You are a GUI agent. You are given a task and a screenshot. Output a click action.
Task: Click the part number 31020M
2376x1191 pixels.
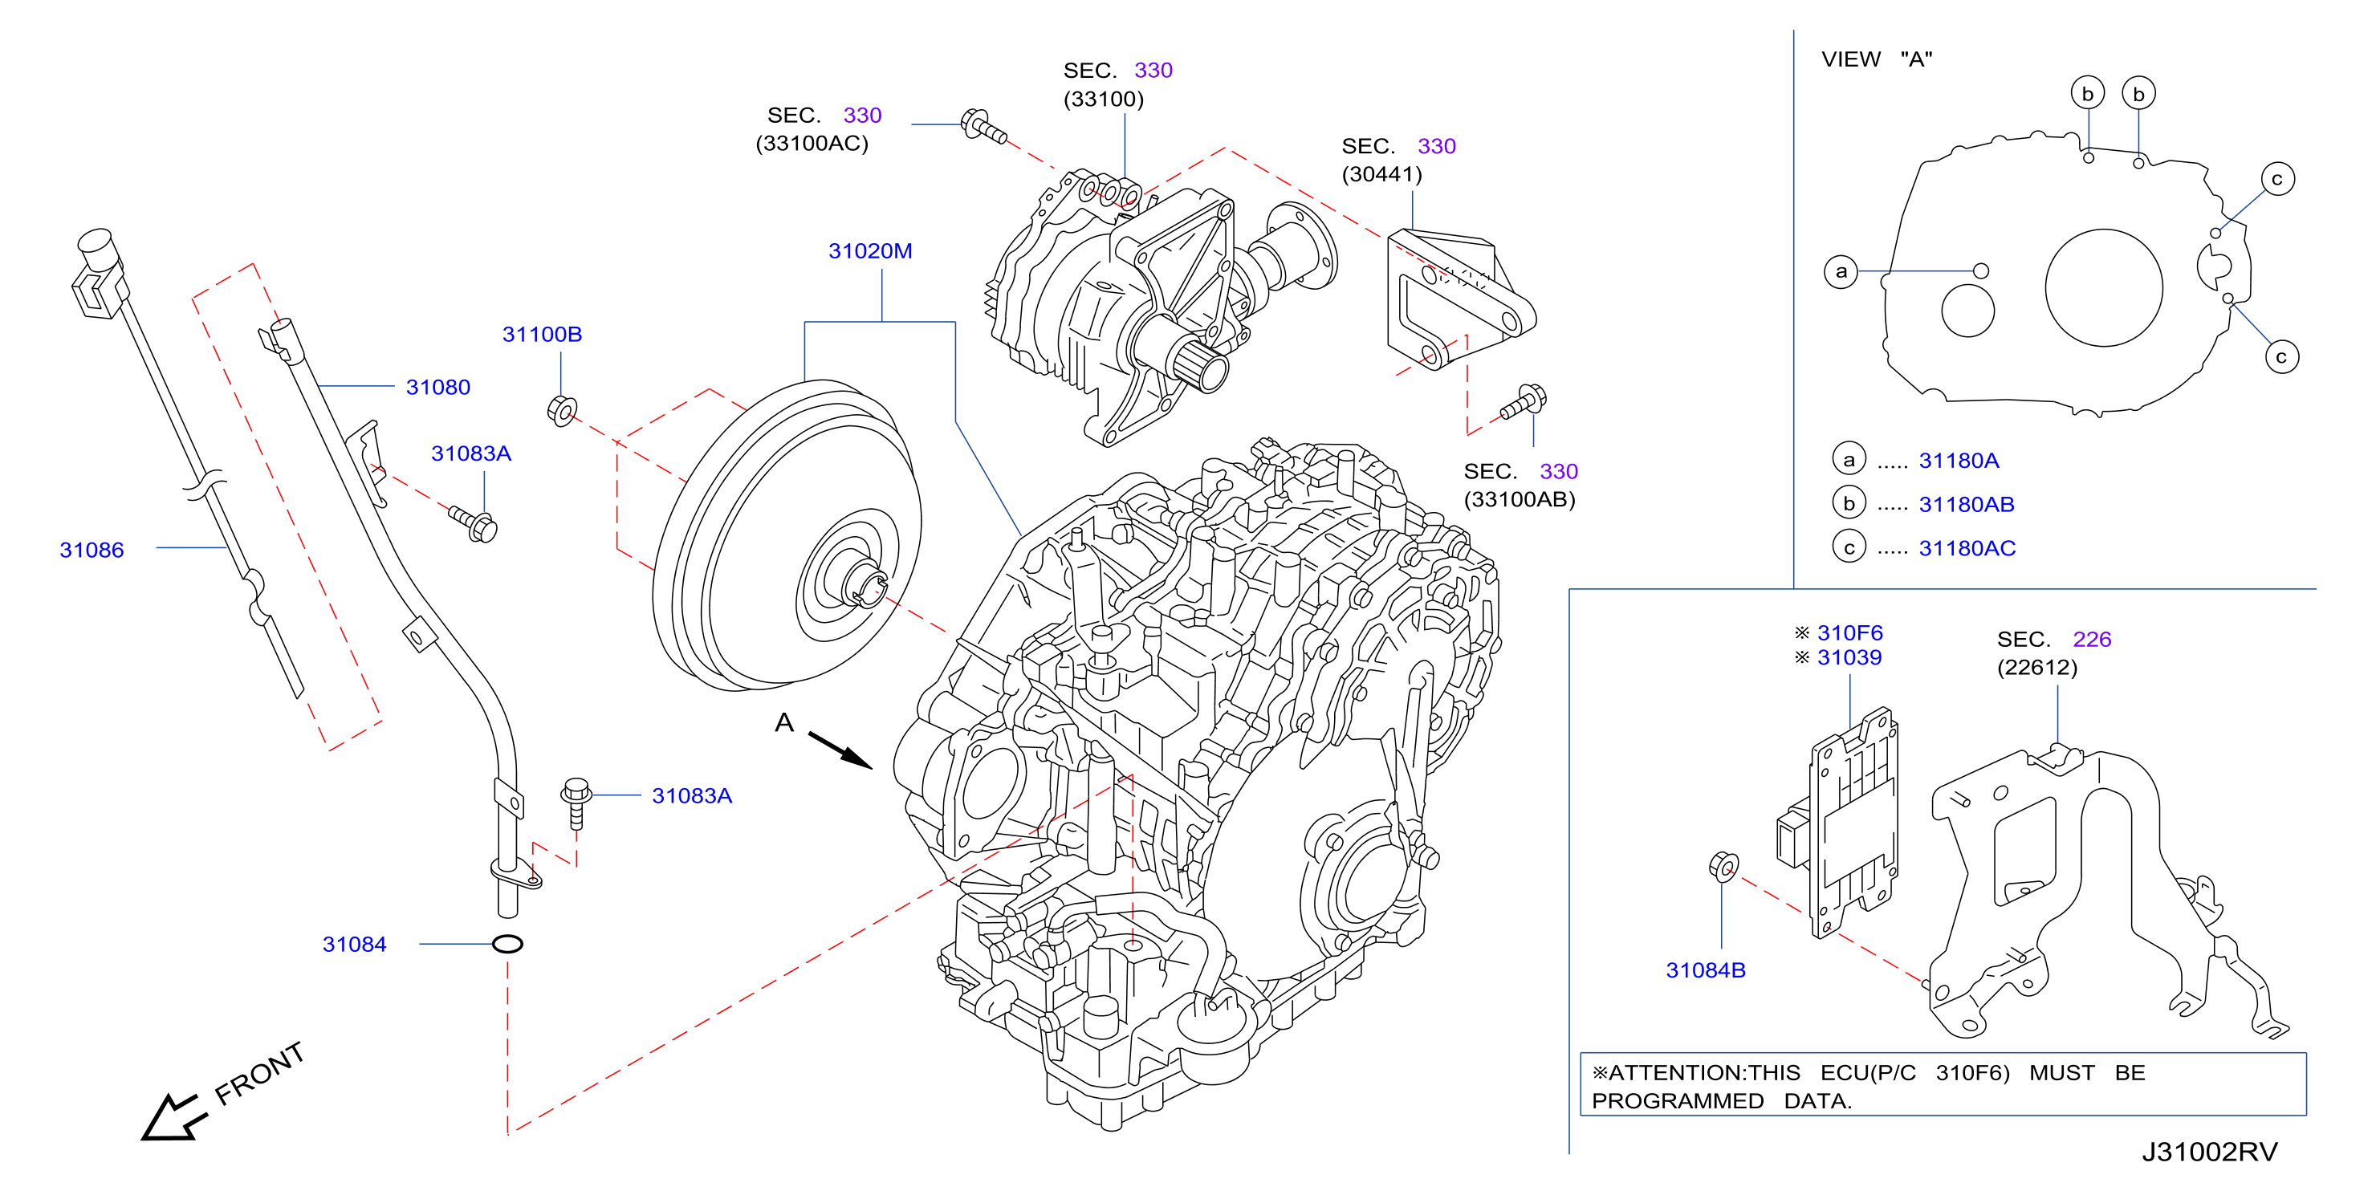tap(870, 251)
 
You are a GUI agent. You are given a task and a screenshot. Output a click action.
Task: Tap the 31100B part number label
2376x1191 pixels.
tap(542, 334)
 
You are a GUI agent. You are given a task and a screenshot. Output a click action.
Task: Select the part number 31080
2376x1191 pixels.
tap(438, 388)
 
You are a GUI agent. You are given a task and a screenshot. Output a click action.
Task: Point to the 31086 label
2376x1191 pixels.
tap(92, 550)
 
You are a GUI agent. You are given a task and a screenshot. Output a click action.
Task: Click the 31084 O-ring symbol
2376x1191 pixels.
tap(507, 944)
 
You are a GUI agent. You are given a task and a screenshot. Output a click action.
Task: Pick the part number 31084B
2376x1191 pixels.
tap(1706, 969)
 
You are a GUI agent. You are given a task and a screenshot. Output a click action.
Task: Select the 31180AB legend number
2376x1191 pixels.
tap(1967, 505)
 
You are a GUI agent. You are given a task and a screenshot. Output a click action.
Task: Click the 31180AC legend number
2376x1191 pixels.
tap(1967, 548)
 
